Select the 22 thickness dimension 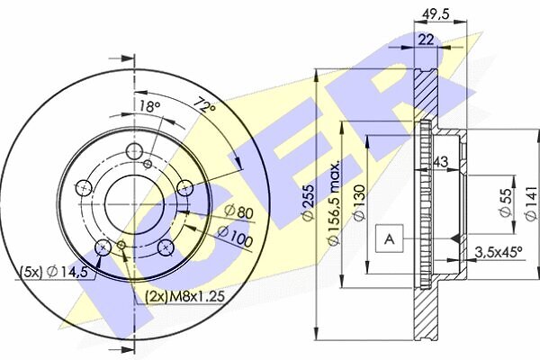pos(427,40)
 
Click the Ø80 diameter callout pos(239,211)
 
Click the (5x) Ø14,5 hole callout pos(53,272)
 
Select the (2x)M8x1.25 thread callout pos(184,296)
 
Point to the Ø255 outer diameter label pos(308,202)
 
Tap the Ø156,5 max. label pos(334,202)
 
